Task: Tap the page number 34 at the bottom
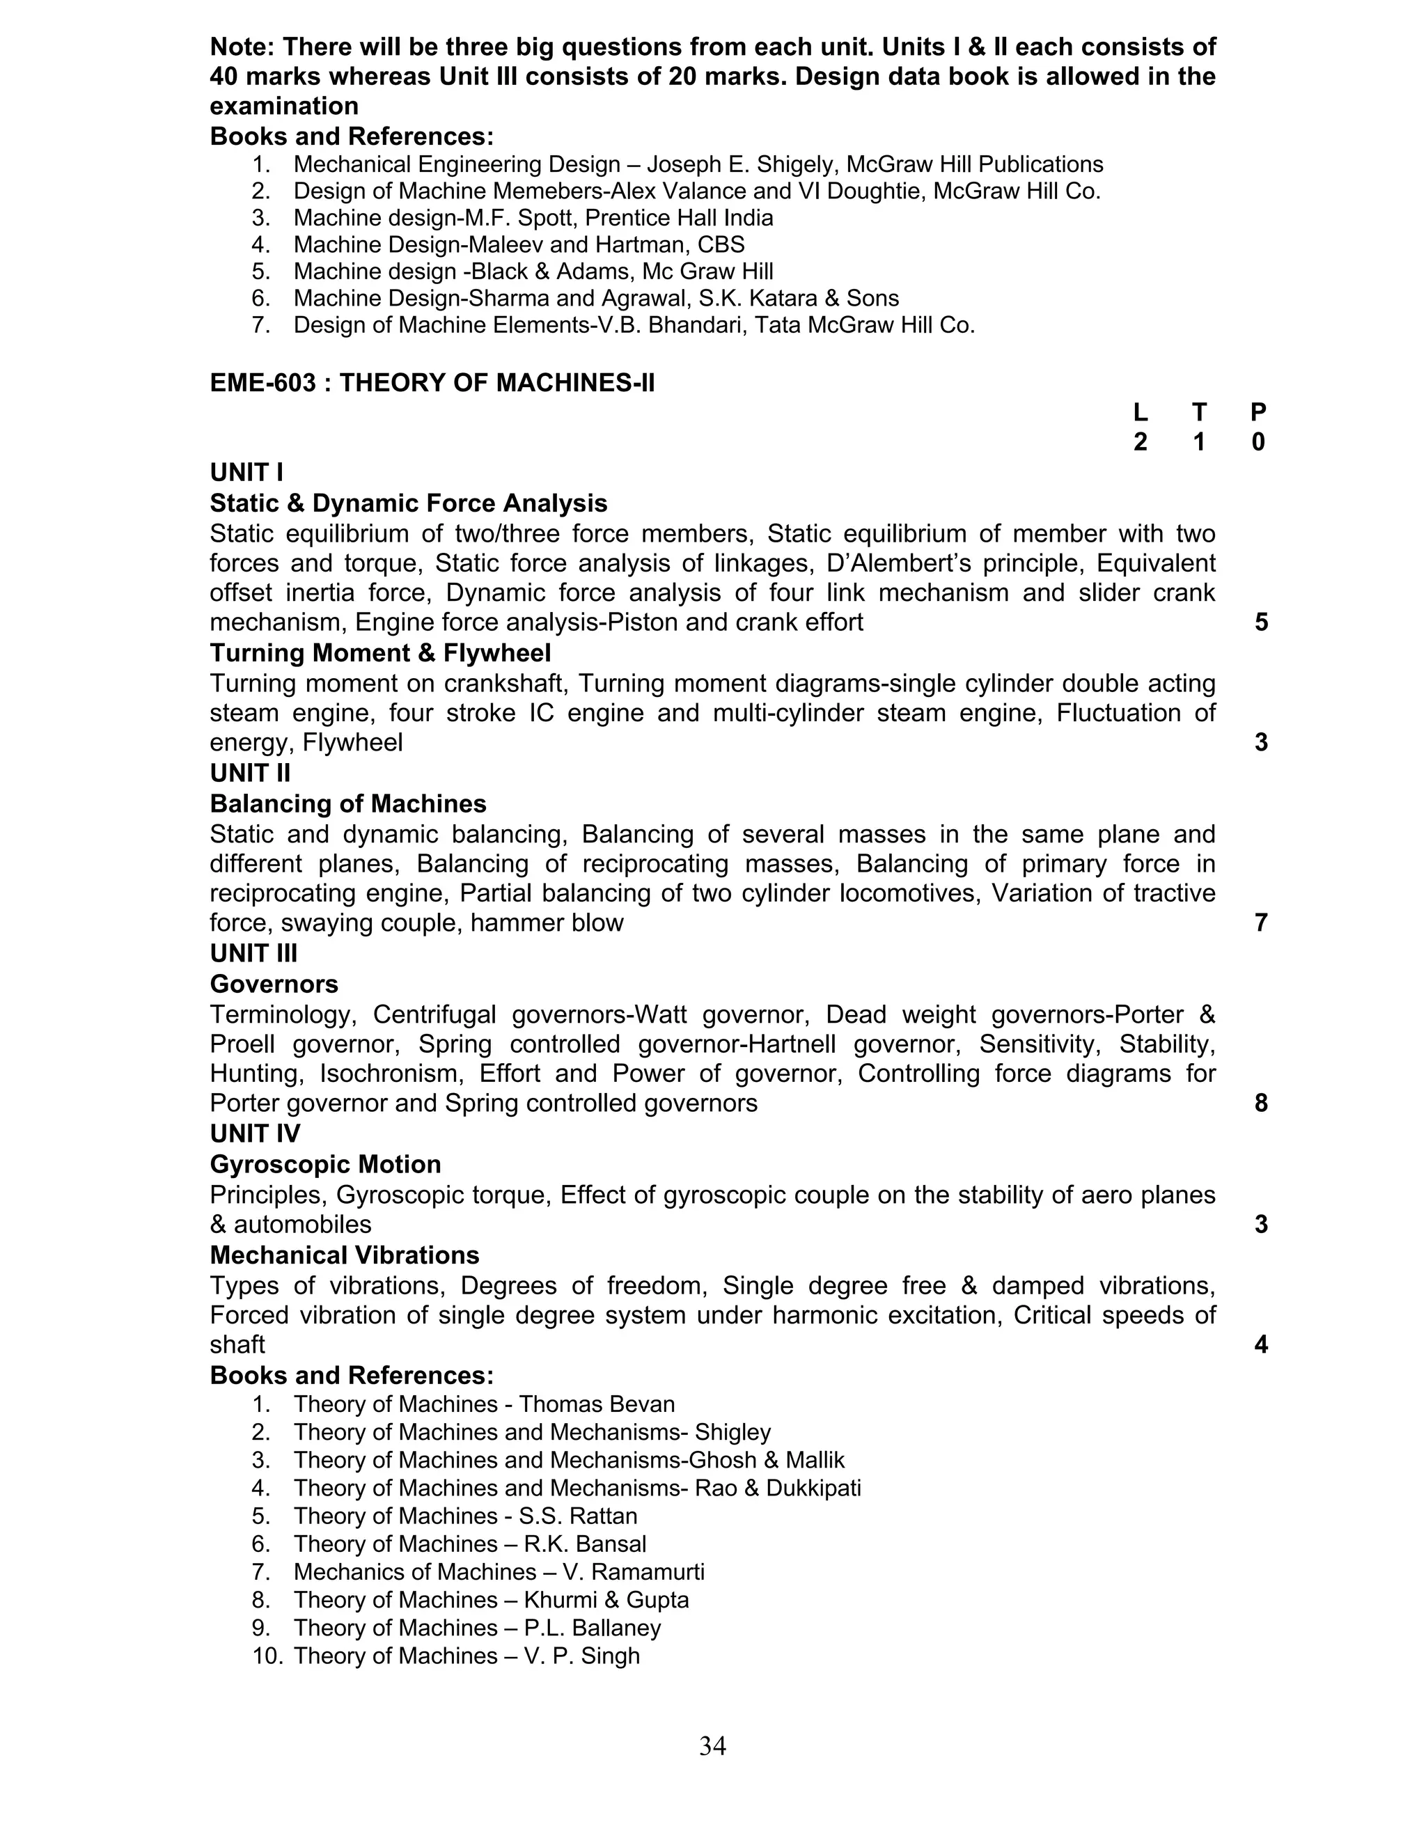(x=712, y=1745)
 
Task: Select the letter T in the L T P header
(x=1199, y=412)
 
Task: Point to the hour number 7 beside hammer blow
(x=1260, y=922)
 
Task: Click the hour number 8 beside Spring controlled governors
(x=1260, y=1104)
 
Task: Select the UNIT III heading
(x=253, y=954)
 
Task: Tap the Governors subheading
(x=274, y=984)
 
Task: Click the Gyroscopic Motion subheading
(x=325, y=1164)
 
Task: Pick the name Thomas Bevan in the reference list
(x=597, y=1404)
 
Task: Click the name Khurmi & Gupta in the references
(x=606, y=1600)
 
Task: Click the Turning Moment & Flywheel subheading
(x=380, y=653)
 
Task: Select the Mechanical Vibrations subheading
(x=345, y=1255)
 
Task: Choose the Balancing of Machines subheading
(x=348, y=803)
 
